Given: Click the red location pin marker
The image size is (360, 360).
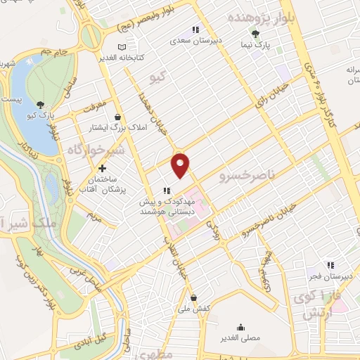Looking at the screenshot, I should coord(181,164).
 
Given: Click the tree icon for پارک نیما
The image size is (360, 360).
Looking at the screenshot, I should coord(255,33).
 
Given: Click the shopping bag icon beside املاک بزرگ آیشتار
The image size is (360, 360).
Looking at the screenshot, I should coord(117,117).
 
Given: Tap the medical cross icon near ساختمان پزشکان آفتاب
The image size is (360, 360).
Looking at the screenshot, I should coord(103,169).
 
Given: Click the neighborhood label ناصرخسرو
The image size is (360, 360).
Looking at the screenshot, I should coord(245,172).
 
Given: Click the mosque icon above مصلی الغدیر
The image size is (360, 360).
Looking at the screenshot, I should coord(242,327).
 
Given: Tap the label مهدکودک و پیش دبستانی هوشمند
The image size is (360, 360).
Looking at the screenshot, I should coord(165,205).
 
